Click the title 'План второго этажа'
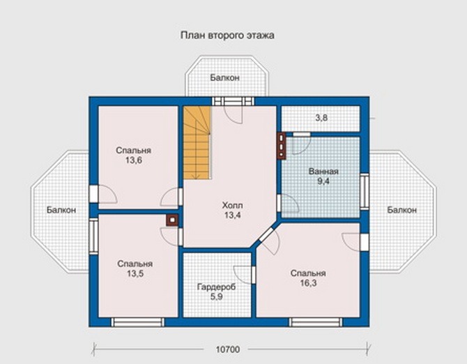point(227,36)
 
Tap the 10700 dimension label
point(227,349)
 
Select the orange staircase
point(197,143)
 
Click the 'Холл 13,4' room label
point(233,210)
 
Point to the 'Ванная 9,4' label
point(323,176)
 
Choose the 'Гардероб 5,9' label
point(217,291)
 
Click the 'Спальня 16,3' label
point(308,278)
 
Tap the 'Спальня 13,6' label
point(134,156)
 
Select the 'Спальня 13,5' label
point(135,268)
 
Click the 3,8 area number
point(321,118)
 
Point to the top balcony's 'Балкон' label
point(225,77)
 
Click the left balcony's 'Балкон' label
point(61,210)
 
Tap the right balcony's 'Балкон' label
point(401,210)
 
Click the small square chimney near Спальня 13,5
point(172,220)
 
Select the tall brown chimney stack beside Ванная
point(282,146)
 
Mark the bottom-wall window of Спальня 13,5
point(137,322)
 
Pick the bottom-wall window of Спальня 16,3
point(316,322)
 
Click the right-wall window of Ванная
point(365,191)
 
